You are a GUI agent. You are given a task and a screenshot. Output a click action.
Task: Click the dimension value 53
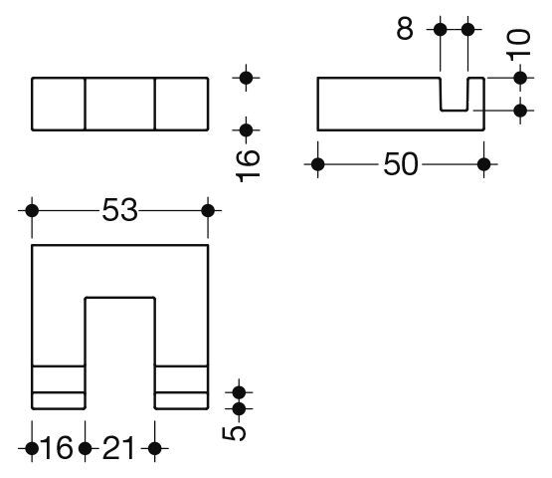[x=119, y=210]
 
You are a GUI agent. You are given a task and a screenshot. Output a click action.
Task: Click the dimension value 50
[x=401, y=164]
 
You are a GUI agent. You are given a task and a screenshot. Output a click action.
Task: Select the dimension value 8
[x=405, y=29]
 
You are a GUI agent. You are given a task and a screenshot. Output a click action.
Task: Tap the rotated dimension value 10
[x=518, y=43]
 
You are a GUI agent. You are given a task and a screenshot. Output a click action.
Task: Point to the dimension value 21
[x=118, y=448]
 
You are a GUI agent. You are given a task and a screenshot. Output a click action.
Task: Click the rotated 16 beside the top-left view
[x=248, y=165]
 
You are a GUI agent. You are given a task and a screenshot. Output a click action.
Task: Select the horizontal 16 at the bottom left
[x=57, y=448]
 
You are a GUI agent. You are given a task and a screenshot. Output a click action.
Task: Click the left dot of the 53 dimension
[x=32, y=211]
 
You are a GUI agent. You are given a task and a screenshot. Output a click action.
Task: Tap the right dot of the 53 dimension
[x=208, y=211]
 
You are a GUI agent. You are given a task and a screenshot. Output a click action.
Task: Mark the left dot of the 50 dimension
[x=318, y=164]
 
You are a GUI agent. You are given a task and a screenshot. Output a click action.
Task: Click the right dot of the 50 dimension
[x=484, y=164]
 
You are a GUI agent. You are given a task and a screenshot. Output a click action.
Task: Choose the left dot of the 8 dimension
[x=440, y=30]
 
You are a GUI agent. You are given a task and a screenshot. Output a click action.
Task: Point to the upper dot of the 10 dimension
[x=520, y=78]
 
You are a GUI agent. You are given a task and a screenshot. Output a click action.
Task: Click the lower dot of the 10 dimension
[x=520, y=111]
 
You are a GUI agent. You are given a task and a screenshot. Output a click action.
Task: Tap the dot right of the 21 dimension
[x=155, y=449]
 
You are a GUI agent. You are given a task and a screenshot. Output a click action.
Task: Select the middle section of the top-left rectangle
[x=120, y=104]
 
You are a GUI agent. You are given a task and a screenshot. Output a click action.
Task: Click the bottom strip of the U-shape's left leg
[x=59, y=400]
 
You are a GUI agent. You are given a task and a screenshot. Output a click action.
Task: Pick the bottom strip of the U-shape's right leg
[x=181, y=400]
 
